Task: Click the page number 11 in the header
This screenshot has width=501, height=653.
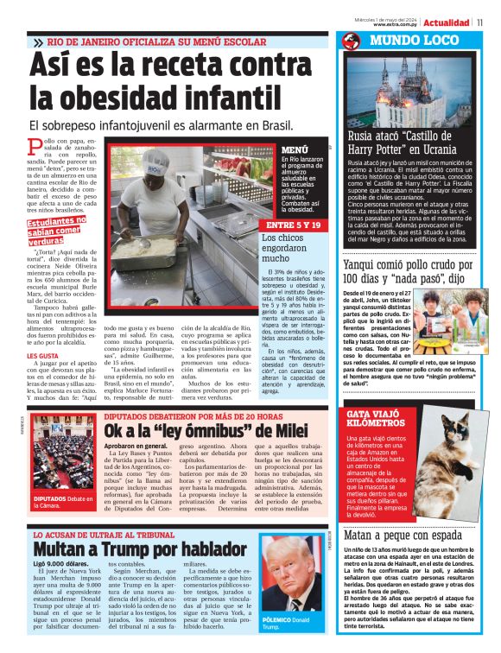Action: click(491, 22)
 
